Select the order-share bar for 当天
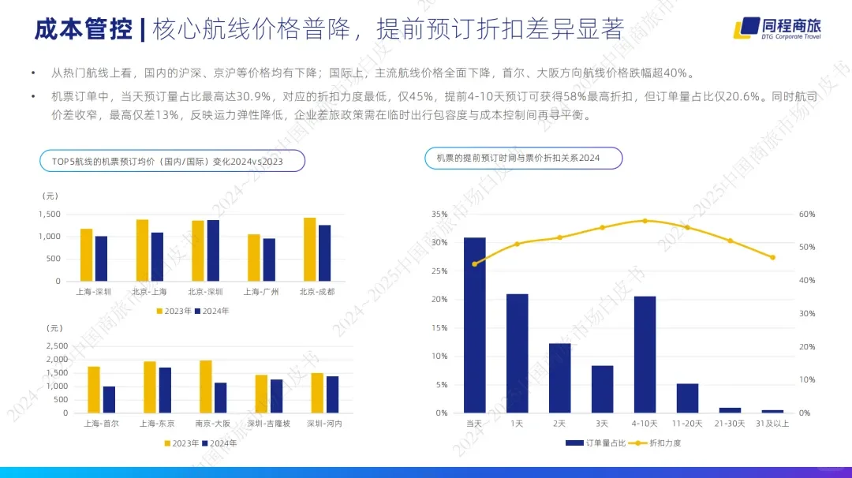coord(474,325)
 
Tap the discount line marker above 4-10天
coord(645,221)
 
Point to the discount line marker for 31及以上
coord(772,257)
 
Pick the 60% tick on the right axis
coord(806,214)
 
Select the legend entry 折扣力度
coord(664,443)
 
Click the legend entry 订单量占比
coord(606,443)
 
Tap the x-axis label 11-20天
coord(687,424)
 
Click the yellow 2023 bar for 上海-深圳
coord(86,255)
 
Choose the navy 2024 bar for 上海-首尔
coord(109,399)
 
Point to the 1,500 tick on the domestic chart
coord(49,214)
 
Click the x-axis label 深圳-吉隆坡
coord(269,424)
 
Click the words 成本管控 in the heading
coord(83,30)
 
